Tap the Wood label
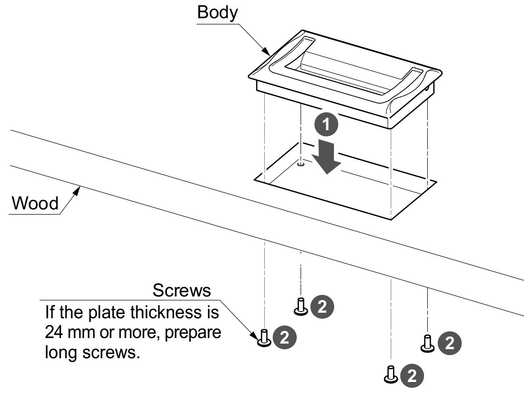click(35, 203)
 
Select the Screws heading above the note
click(182, 291)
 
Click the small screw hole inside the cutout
click(301, 164)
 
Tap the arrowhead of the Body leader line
click(268, 52)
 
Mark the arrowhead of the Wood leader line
click(78, 189)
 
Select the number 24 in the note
click(54, 332)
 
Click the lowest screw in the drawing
click(390, 374)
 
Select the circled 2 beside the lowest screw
click(412, 375)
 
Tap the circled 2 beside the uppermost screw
click(323, 306)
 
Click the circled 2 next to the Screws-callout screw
click(285, 337)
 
